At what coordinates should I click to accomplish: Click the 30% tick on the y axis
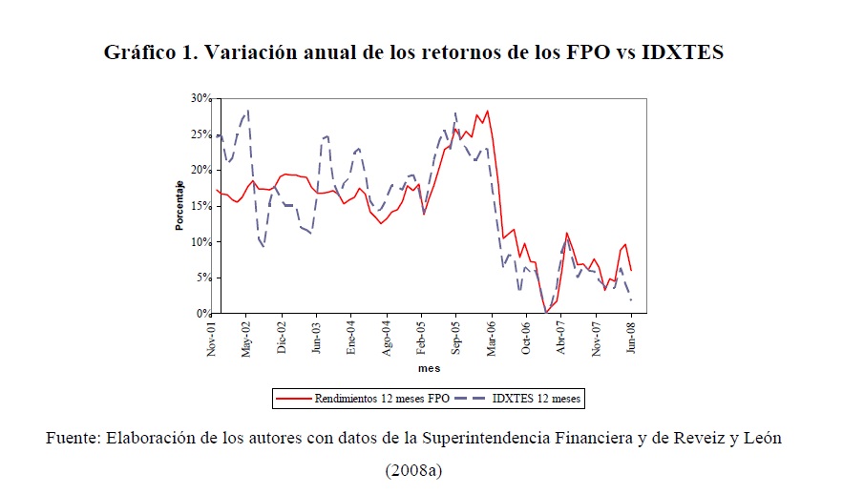point(199,98)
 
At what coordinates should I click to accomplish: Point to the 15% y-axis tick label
point(199,206)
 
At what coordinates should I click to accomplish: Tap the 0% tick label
point(201,314)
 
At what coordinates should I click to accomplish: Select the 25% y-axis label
point(199,134)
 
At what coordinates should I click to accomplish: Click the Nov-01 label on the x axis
point(212,338)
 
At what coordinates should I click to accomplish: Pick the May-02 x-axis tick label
point(246,338)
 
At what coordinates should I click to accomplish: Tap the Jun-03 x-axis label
point(316,338)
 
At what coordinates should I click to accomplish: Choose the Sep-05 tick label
point(456,338)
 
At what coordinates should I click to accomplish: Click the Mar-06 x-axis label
point(492,338)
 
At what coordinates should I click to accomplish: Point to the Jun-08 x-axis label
point(632,338)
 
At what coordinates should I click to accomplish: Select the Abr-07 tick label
point(561,338)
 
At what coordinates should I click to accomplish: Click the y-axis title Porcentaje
point(179,206)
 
